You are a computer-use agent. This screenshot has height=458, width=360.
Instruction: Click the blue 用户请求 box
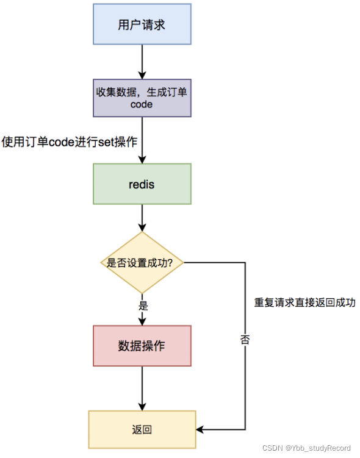(142, 25)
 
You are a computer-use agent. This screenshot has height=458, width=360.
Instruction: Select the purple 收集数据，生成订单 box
(142, 98)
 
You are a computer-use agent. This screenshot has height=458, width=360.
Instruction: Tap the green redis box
(142, 184)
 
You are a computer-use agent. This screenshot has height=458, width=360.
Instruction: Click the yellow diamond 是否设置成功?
(142, 263)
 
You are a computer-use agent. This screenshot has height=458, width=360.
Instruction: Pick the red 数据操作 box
(142, 346)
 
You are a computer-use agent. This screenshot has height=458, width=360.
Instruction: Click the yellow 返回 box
(142, 429)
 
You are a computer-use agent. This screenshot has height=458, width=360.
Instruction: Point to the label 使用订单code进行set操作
(69, 141)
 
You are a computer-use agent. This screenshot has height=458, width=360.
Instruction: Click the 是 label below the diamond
(142, 304)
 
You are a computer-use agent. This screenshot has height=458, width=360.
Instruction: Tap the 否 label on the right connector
(245, 340)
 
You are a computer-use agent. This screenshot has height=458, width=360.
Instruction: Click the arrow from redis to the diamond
(142, 217)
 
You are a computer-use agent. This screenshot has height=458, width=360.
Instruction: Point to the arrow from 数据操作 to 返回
(142, 388)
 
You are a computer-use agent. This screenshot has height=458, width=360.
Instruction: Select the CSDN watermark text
(273, 448)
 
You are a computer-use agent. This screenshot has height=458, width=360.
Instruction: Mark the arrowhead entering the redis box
(142, 159)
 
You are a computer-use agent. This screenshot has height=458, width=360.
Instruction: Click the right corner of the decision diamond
(182, 263)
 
